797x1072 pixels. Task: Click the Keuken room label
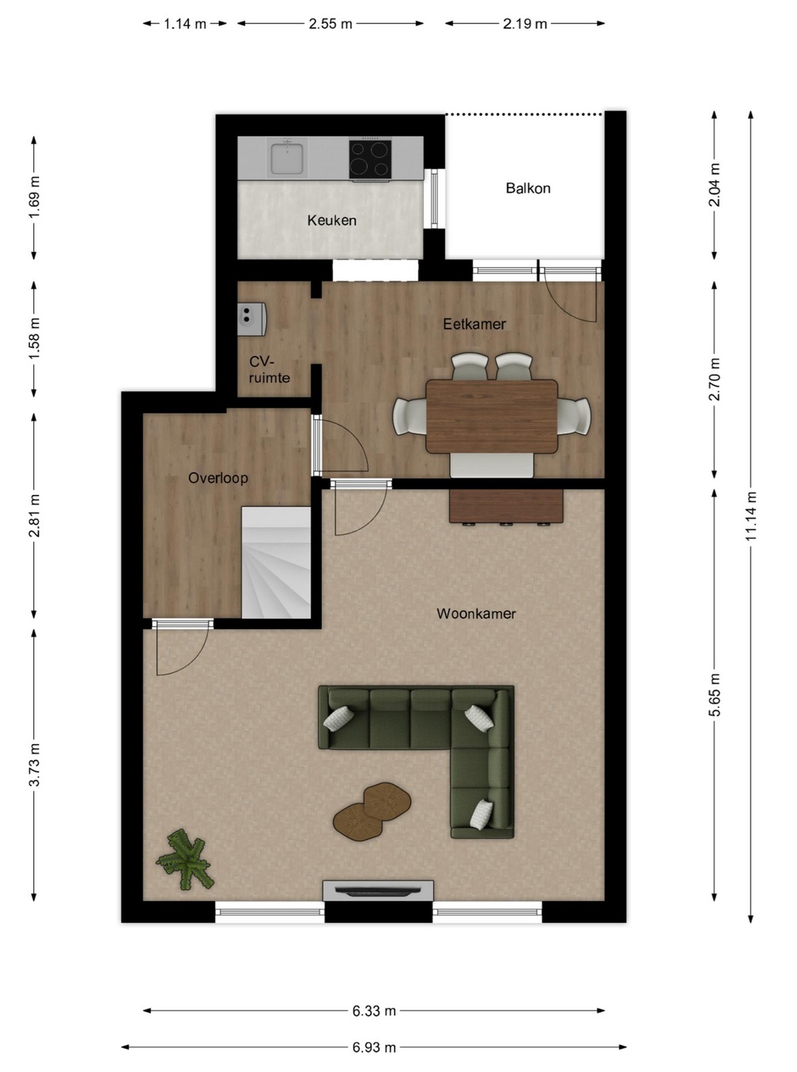(332, 221)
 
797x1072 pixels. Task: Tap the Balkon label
(527, 188)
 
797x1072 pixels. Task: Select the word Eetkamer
(474, 324)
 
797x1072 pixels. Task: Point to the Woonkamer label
(476, 613)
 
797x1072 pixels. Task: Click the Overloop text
(217, 478)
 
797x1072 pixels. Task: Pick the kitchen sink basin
(289, 157)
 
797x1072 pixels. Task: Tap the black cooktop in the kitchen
(370, 159)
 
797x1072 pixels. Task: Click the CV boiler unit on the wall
(252, 319)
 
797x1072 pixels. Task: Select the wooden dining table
(492, 416)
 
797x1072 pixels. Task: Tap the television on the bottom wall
(378, 890)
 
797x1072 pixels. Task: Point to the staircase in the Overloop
(276, 562)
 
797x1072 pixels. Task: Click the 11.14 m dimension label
(750, 516)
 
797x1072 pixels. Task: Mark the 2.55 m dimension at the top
(331, 24)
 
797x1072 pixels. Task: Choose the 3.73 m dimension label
(34, 765)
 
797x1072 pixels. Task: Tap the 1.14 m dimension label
(185, 24)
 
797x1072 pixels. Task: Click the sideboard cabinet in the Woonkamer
(506, 507)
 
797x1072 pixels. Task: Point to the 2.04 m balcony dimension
(715, 185)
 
